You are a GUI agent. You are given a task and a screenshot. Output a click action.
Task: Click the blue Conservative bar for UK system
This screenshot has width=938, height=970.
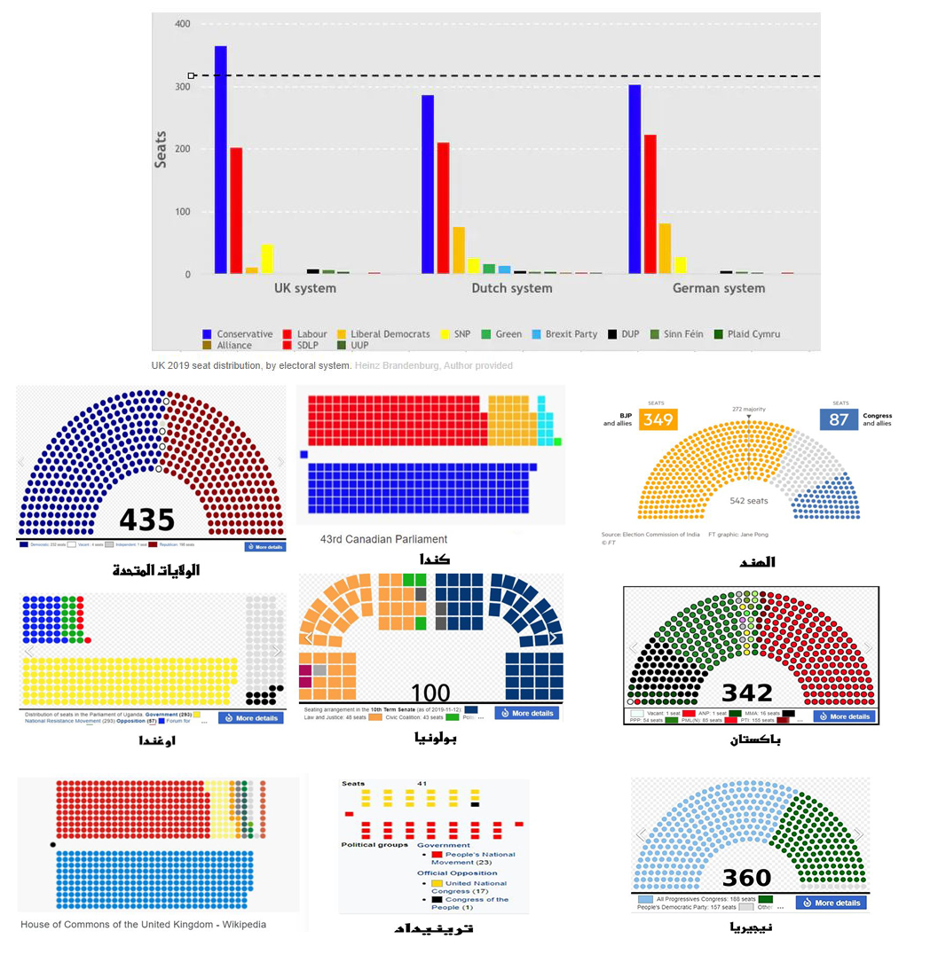221,160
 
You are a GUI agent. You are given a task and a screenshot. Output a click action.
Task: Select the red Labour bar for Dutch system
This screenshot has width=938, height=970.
443,207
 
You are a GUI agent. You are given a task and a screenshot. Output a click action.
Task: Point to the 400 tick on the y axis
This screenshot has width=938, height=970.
181,24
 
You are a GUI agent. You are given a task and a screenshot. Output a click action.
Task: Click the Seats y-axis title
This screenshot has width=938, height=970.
161,149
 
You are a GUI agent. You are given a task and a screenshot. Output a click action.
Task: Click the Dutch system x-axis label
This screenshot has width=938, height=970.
511,288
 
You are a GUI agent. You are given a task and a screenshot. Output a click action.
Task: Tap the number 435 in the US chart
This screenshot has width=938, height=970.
147,520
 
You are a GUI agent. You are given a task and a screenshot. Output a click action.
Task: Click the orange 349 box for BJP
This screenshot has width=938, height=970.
658,419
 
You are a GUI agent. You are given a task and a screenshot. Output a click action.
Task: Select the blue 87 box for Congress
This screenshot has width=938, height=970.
839,419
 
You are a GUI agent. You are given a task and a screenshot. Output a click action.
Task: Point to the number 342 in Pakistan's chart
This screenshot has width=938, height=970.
747,692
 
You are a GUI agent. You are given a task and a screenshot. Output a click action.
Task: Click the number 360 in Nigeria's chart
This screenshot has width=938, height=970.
746,878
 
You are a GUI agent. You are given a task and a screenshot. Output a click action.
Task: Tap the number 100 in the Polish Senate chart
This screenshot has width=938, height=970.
431,692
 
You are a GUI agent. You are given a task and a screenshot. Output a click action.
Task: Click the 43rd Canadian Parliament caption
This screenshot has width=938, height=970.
383,539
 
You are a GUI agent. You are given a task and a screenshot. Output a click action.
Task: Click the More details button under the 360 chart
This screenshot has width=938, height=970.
831,903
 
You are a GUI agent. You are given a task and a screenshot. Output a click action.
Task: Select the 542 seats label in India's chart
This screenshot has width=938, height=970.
748,501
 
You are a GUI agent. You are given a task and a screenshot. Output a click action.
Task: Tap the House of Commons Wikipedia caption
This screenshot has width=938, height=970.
143,925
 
